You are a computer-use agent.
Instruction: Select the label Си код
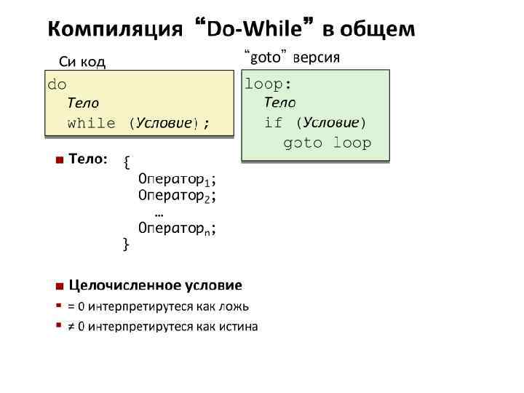[x=82, y=62]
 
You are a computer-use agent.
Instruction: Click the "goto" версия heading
[x=291, y=57]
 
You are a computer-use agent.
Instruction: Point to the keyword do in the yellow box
[x=57, y=84]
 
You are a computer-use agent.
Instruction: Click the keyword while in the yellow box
[x=91, y=123]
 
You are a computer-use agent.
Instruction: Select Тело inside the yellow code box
[x=83, y=103]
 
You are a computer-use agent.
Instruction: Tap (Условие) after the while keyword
[x=164, y=123]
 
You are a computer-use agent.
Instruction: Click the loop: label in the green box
[x=268, y=84]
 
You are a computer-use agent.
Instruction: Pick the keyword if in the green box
[x=273, y=122]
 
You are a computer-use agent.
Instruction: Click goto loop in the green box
[x=327, y=143]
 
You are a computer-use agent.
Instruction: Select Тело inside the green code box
[x=279, y=103]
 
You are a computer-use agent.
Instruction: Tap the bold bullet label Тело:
[x=88, y=158]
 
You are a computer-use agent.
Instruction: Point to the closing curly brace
[x=126, y=244]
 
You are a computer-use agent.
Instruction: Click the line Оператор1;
[x=177, y=178]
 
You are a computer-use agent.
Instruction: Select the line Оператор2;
[x=177, y=195]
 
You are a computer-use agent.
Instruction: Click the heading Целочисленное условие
[x=155, y=285]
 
